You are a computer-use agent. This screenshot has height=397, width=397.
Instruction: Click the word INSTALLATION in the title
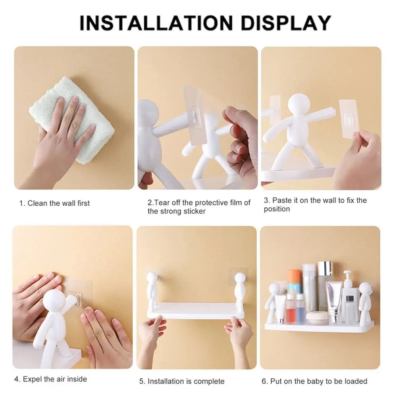click(x=156, y=23)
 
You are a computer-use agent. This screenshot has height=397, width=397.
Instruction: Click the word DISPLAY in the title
click(x=286, y=23)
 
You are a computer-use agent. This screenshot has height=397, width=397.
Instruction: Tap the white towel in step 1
click(x=72, y=120)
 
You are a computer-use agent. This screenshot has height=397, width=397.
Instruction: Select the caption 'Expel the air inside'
click(x=55, y=379)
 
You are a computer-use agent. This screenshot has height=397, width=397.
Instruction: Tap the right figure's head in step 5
click(x=239, y=278)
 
